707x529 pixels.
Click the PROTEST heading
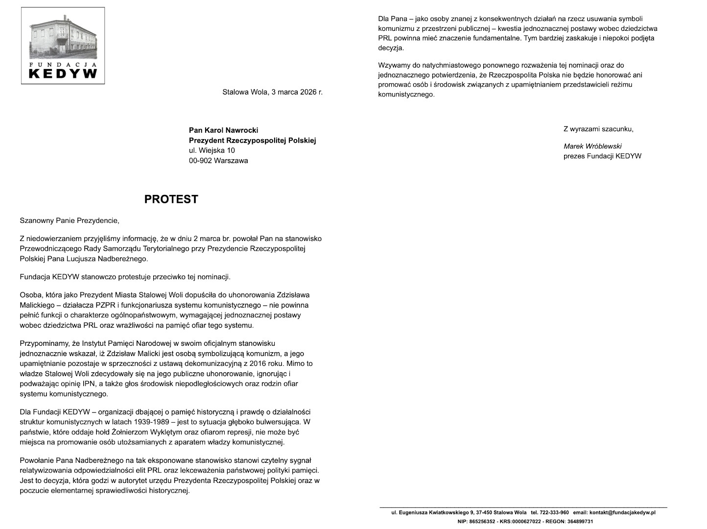171,199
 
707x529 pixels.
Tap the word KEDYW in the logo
63,73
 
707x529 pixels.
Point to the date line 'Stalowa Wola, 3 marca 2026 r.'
272,92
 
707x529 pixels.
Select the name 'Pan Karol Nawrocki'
223,130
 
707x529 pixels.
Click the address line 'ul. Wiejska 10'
212,150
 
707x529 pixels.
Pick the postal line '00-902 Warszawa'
218,161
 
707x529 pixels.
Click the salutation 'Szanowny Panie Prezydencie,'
70,220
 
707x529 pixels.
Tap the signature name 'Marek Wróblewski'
592,146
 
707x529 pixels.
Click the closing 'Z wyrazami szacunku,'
598,129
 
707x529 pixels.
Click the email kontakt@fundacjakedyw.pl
622,513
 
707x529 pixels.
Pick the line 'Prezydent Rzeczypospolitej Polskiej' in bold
253,141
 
